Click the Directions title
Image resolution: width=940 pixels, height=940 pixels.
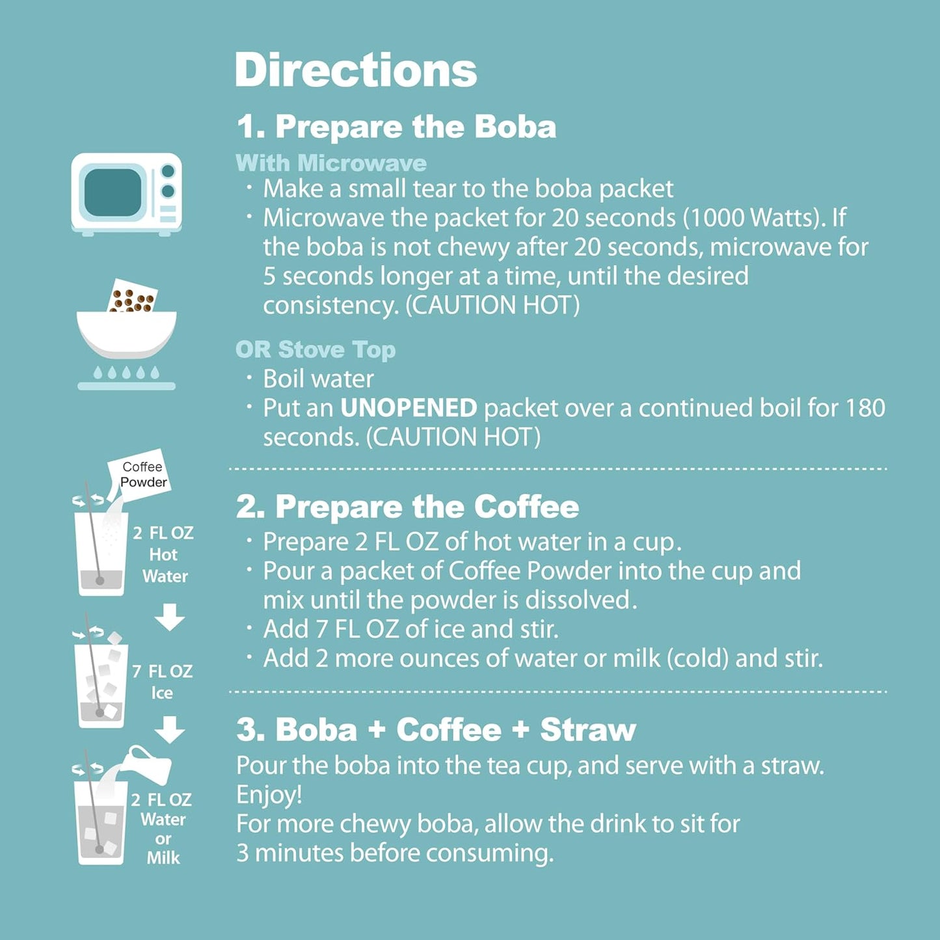(x=356, y=70)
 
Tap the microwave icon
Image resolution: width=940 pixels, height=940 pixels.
(x=126, y=193)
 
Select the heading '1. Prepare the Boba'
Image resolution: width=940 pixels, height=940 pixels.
(x=396, y=126)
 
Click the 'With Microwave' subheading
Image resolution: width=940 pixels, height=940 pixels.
(x=331, y=163)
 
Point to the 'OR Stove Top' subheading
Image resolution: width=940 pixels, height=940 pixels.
(x=316, y=349)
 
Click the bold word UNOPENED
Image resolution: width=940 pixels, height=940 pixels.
(x=409, y=408)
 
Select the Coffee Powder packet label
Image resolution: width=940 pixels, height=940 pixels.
(x=143, y=474)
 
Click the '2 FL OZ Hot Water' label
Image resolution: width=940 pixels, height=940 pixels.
(x=164, y=554)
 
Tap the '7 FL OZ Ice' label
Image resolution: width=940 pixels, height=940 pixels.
(x=163, y=681)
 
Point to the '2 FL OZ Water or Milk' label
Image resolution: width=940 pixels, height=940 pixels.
(x=163, y=828)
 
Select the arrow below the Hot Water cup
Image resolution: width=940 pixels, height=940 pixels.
(x=170, y=617)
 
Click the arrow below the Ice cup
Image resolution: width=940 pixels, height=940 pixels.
(x=170, y=729)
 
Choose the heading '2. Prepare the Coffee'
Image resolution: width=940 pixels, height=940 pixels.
(x=407, y=507)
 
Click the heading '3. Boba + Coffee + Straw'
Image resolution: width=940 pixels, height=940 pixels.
(x=436, y=729)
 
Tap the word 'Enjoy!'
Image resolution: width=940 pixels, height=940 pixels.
(x=269, y=794)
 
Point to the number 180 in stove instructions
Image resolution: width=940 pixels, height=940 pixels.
(x=865, y=408)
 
